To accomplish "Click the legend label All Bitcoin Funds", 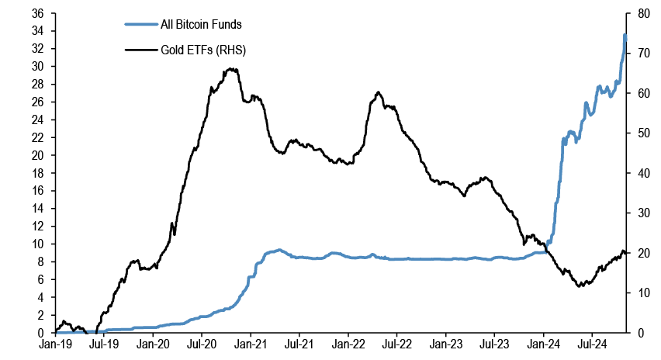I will click(x=201, y=25).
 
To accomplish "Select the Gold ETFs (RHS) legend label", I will click(x=203, y=50).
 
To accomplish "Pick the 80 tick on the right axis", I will click(x=641, y=13).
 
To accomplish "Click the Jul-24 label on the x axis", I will click(x=593, y=342).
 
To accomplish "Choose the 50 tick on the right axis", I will click(x=641, y=133).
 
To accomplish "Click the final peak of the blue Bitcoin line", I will click(x=625, y=35).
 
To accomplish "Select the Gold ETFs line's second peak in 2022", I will click(x=378, y=92).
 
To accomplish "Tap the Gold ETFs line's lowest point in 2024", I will click(x=579, y=286).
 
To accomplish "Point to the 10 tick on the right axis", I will click(x=641, y=292).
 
